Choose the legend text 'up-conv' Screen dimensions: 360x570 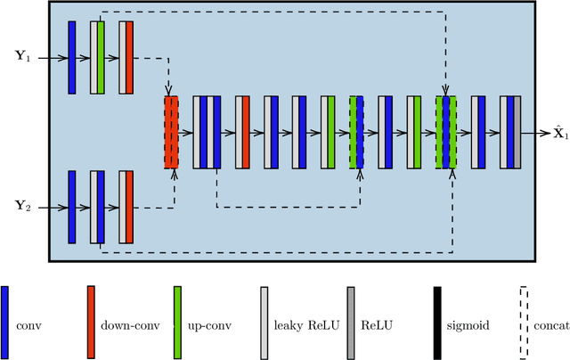point(209,326)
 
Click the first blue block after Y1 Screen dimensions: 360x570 point(72,58)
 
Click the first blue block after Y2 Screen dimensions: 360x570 point(72,207)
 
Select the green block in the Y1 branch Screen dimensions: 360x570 point(101,58)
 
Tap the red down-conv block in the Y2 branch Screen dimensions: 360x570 point(129,207)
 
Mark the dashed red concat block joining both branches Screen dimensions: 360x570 point(171,132)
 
